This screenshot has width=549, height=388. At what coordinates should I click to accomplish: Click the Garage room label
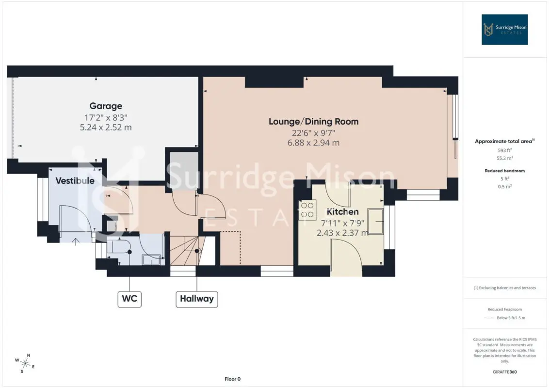pyautogui.click(x=106, y=106)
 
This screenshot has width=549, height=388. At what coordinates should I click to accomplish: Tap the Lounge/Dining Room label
pyautogui.click(x=314, y=122)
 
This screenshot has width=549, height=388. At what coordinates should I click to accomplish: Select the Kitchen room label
pyautogui.click(x=342, y=211)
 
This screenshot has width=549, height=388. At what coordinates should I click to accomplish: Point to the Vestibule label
pyautogui.click(x=75, y=181)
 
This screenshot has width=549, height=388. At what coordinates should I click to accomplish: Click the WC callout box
pyautogui.click(x=129, y=299)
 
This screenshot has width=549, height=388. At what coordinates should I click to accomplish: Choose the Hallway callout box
pyautogui.click(x=197, y=299)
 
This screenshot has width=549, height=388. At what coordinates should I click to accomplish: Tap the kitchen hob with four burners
pyautogui.click(x=307, y=210)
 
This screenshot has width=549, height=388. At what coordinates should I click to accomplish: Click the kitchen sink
pyautogui.click(x=376, y=221)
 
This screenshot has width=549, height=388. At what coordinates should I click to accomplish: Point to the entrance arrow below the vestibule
pyautogui.click(x=75, y=242)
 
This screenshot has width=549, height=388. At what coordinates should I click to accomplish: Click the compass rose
pyautogui.click(x=25, y=363)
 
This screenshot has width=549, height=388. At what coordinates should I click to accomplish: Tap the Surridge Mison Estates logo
pyautogui.click(x=504, y=30)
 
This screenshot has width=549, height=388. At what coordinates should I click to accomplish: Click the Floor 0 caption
pyautogui.click(x=232, y=379)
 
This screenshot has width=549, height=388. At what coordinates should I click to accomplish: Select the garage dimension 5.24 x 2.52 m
pyautogui.click(x=106, y=128)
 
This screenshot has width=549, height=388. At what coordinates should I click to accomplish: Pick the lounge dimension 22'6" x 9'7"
pyautogui.click(x=314, y=133)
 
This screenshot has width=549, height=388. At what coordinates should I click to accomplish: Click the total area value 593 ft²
pyautogui.click(x=504, y=150)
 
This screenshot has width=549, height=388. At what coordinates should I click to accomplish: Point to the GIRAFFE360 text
pyautogui.click(x=504, y=372)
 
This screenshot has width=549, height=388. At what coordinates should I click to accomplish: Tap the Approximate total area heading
pyautogui.click(x=504, y=141)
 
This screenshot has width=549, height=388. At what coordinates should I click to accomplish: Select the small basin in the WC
pyautogui.click(x=151, y=259)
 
